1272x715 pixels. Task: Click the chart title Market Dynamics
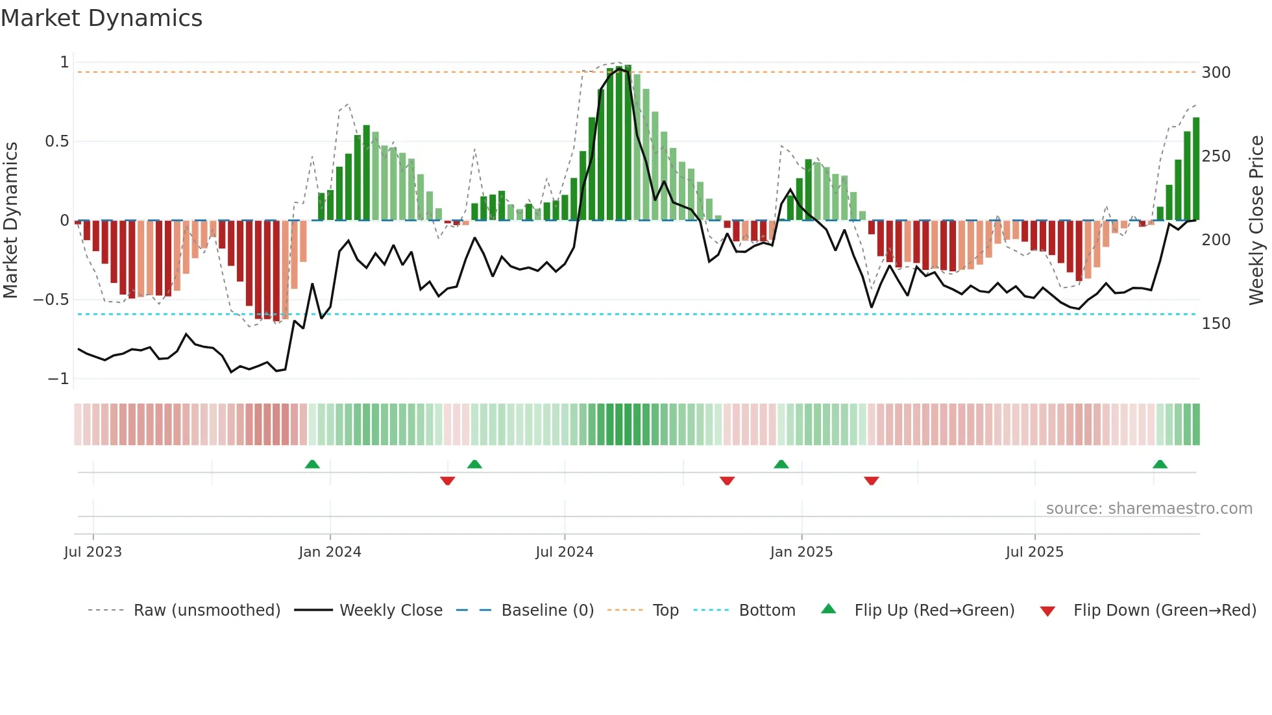pos(102,18)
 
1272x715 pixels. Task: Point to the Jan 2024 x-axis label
pos(330,552)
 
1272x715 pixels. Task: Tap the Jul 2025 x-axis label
pos(1034,552)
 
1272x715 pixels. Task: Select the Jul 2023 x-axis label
pos(93,552)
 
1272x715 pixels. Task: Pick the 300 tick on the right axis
pos(1216,73)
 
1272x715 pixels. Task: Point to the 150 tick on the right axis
pos(1216,324)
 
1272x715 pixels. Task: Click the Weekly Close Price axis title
pos(1256,221)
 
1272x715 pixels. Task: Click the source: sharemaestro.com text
pos(1149,509)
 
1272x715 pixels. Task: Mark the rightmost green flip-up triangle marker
pos(1160,464)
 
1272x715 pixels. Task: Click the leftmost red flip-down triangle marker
pos(447,481)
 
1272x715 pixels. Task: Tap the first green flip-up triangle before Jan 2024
pos(312,464)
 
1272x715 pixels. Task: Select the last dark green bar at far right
pos(1196,169)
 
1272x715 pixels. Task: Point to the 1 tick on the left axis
pos(64,62)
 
